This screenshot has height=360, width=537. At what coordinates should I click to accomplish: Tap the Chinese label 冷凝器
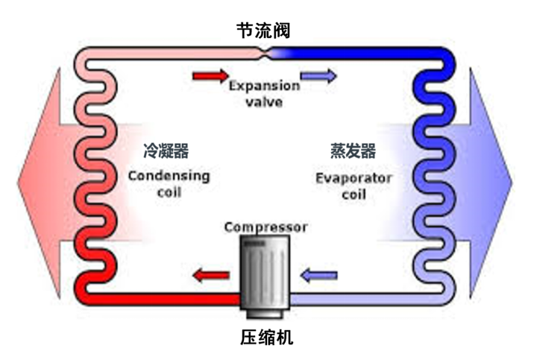[x=166, y=152]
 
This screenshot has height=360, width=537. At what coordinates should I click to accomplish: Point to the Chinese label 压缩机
[x=267, y=337]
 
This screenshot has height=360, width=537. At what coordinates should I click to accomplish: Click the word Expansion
[x=264, y=86]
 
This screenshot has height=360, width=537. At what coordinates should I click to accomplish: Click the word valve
[x=264, y=101]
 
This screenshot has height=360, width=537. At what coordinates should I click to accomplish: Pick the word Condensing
[x=169, y=177]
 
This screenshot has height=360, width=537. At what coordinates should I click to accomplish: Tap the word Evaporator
[x=354, y=178]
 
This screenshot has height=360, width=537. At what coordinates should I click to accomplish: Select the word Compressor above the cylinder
[x=266, y=227]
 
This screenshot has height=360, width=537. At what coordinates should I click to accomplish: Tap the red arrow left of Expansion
[x=210, y=75]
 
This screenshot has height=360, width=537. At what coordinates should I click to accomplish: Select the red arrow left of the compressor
[x=210, y=277]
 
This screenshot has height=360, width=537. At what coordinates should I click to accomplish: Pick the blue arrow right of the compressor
[x=318, y=277]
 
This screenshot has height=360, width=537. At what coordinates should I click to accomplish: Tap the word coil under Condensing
[x=169, y=193]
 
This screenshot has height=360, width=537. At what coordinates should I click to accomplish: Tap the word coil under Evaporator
[x=354, y=195]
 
